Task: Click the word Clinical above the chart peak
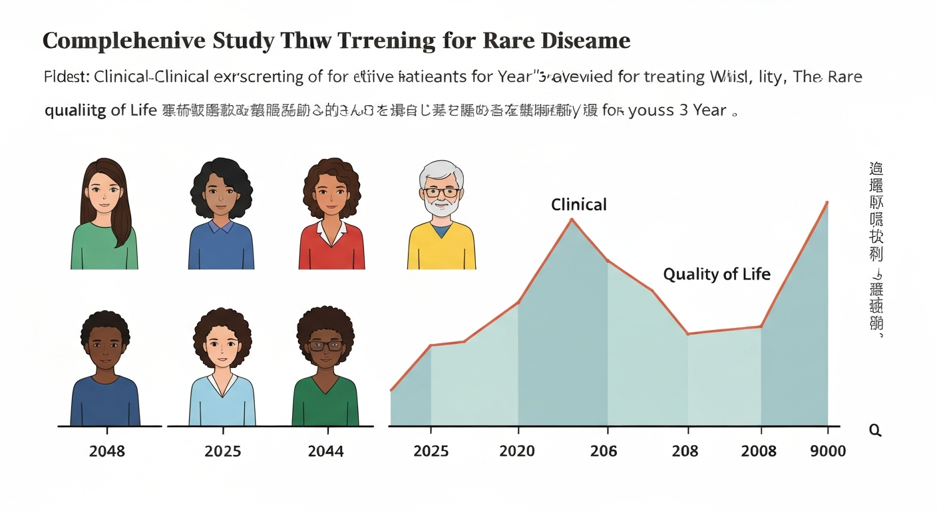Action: (x=578, y=204)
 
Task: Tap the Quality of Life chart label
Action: (x=717, y=273)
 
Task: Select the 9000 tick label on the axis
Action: (x=828, y=451)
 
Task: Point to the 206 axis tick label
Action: (x=603, y=451)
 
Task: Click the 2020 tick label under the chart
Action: (x=516, y=451)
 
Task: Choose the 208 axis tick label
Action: (x=685, y=451)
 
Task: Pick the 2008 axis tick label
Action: (x=759, y=451)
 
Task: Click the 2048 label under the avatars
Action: (x=106, y=451)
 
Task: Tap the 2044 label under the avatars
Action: (x=325, y=451)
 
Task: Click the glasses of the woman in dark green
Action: (x=325, y=345)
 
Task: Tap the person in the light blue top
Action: (x=222, y=373)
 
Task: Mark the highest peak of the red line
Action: (x=827, y=202)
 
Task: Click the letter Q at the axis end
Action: (x=875, y=430)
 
